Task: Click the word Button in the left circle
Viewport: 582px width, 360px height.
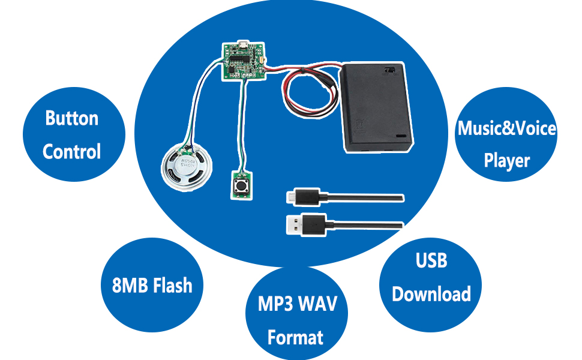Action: [72, 118]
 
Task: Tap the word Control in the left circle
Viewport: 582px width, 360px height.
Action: [72, 151]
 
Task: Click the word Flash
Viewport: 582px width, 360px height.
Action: [173, 285]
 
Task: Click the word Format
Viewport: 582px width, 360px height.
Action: [296, 337]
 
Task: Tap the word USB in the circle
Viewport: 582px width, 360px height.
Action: [431, 261]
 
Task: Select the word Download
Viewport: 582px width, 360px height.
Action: [431, 294]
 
